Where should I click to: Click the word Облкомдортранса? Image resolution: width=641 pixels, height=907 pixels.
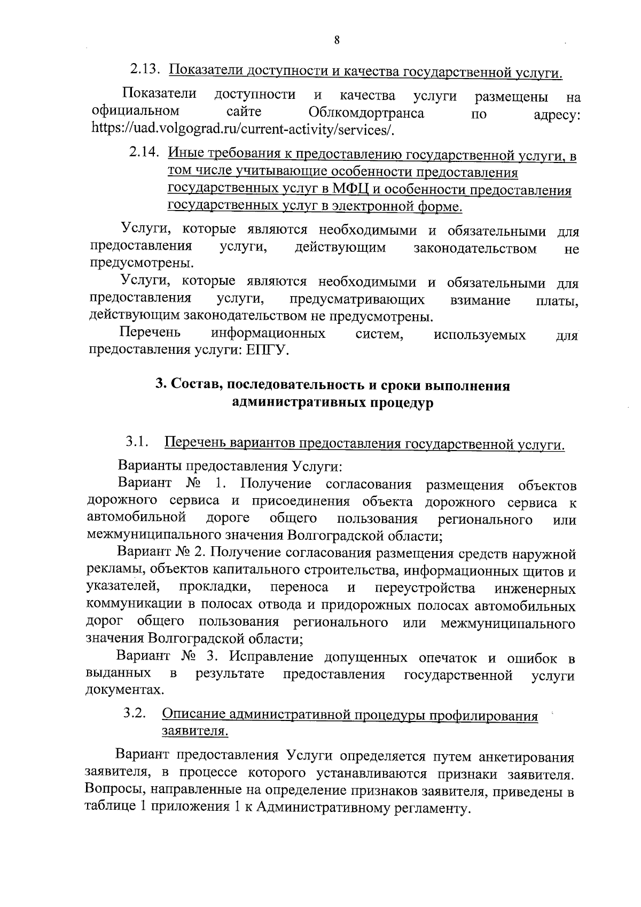(x=366, y=113)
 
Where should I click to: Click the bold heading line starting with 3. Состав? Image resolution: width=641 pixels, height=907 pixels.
(x=332, y=386)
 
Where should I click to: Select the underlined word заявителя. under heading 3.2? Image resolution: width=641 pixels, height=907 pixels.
(x=195, y=731)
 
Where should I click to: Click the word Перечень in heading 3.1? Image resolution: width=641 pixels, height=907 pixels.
(x=196, y=444)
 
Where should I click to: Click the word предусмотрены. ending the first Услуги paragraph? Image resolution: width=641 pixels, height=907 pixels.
(x=142, y=263)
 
